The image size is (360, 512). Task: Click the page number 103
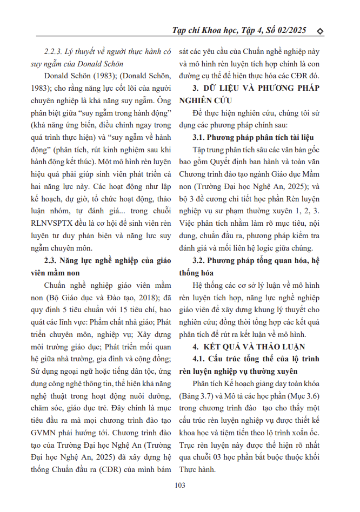tap(180, 485)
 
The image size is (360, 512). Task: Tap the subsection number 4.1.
tap(201, 358)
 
